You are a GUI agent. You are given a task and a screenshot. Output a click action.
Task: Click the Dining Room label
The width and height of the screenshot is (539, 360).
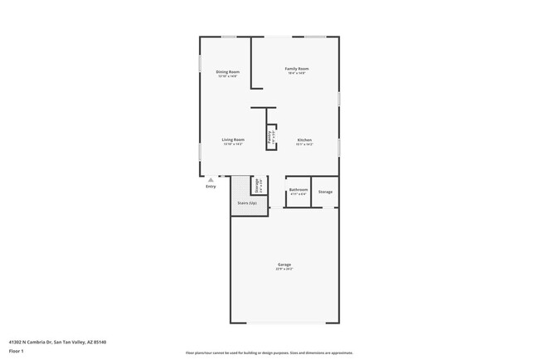tap(228, 72)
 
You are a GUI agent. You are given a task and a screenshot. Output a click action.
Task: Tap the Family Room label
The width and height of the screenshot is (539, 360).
tap(297, 68)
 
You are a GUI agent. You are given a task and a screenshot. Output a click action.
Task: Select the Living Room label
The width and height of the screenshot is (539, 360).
tap(233, 139)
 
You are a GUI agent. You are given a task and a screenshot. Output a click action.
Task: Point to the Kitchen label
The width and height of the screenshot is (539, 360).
tap(304, 139)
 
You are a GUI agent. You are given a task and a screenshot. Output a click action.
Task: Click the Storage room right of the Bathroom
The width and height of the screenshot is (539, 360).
tap(325, 192)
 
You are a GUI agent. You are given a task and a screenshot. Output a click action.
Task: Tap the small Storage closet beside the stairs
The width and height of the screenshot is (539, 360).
tap(258, 186)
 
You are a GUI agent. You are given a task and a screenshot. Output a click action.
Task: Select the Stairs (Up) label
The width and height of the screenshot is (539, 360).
tap(247, 202)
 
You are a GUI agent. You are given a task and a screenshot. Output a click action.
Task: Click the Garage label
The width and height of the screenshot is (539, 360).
tap(284, 265)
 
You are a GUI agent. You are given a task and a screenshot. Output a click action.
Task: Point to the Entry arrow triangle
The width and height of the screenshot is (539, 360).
tap(211, 179)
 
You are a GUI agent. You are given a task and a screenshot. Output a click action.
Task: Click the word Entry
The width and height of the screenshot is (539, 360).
tap(211, 187)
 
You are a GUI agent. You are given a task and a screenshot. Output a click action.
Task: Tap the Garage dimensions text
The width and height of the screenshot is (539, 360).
tap(284, 270)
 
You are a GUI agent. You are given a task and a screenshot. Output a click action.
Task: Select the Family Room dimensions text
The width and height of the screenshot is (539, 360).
tap(297, 73)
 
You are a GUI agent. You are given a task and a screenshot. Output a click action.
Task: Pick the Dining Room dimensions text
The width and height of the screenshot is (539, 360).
tap(228, 77)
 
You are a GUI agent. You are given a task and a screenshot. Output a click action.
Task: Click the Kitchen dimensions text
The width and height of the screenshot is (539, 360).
tap(304, 144)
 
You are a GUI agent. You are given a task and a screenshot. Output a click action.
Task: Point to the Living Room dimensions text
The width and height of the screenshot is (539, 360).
tap(233, 144)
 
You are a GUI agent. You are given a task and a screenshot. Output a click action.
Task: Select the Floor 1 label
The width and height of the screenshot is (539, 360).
tap(17, 351)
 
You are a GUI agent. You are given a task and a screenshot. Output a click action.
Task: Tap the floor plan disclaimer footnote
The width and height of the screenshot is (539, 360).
tap(269, 352)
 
